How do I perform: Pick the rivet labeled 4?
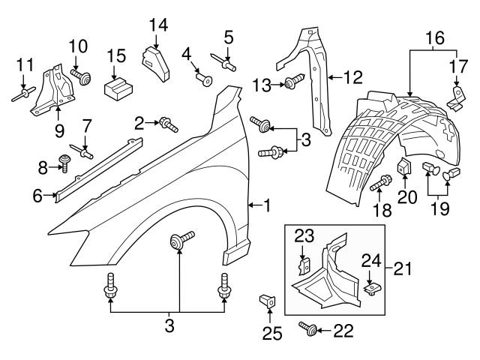point(202,77)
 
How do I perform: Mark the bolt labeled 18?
point(380,182)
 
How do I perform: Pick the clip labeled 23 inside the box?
point(304,265)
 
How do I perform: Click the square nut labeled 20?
point(402,168)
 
